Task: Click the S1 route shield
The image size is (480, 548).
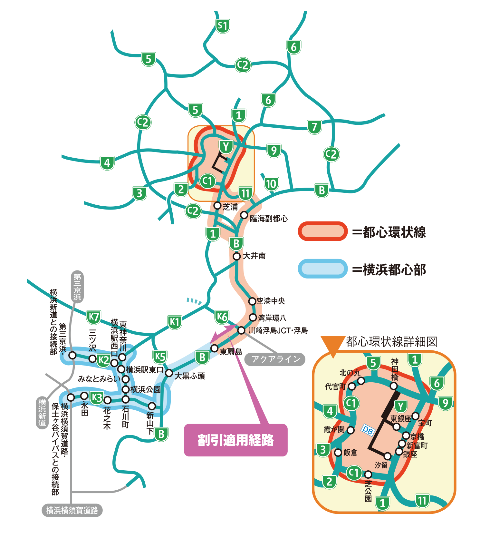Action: pos(223,26)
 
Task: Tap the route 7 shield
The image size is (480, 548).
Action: pos(314,127)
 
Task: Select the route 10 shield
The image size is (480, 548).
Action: pos(271,184)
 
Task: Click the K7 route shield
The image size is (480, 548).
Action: pos(94,317)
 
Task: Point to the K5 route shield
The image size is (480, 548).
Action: pos(160,357)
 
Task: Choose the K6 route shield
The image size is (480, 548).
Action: pos(222,317)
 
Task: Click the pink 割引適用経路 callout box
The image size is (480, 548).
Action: pos(235,440)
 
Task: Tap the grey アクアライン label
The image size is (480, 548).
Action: pos(275,359)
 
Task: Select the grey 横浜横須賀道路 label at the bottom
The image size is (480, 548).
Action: pos(72,510)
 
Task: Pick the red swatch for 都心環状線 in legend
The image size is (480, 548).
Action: pos(322,231)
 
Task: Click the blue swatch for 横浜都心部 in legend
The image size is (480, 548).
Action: pos(322,269)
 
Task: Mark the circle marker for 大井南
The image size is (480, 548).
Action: pos(237,256)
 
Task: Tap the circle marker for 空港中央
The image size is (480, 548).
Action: pos(252,301)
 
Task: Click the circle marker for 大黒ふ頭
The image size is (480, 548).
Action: pos(169,373)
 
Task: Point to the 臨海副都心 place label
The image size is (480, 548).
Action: pos(269,219)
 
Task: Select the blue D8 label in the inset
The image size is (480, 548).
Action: pos(368,430)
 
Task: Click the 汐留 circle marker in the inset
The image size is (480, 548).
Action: pos(388,456)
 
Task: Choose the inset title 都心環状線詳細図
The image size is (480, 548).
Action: pos(391,342)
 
